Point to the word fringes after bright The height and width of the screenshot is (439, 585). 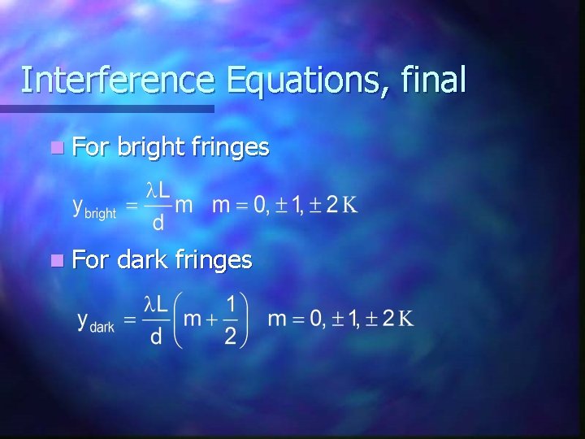[x=231, y=148]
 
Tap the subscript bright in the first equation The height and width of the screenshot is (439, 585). [x=100, y=213]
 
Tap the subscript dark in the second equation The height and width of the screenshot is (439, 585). [x=102, y=327]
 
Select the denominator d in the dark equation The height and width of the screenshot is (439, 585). [x=156, y=337]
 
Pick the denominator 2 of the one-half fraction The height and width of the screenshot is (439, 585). [x=230, y=337]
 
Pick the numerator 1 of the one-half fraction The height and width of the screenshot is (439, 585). [x=231, y=303]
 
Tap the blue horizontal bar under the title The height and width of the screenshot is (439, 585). [x=106, y=108]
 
